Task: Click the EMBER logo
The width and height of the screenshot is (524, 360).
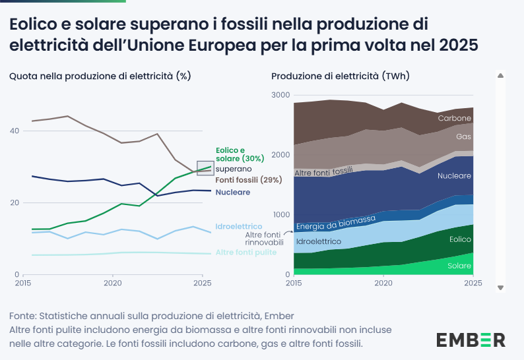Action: tap(471, 340)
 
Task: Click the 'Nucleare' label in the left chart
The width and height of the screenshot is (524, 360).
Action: tap(233, 192)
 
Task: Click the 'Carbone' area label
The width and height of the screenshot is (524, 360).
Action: tap(455, 118)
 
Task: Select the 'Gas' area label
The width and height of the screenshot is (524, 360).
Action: tap(463, 136)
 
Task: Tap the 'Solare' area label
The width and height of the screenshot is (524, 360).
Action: tap(459, 266)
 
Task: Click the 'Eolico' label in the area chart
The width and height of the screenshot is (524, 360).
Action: tap(460, 240)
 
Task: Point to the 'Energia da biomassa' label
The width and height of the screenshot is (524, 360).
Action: tap(336, 223)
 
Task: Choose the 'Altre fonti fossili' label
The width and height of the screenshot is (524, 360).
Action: tap(324, 173)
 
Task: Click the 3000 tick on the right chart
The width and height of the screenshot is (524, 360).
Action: tap(280, 95)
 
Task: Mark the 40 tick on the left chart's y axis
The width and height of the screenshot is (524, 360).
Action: tap(14, 131)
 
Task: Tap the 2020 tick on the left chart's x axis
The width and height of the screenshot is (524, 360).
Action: tap(112, 283)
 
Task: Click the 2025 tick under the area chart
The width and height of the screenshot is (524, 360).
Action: tap(473, 283)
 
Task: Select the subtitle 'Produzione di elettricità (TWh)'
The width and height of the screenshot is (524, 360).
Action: tap(341, 76)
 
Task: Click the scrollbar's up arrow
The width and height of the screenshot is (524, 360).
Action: tap(500, 76)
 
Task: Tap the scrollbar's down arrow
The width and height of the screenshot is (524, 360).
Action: tap(500, 287)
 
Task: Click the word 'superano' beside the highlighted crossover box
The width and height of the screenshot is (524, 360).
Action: tap(234, 169)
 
